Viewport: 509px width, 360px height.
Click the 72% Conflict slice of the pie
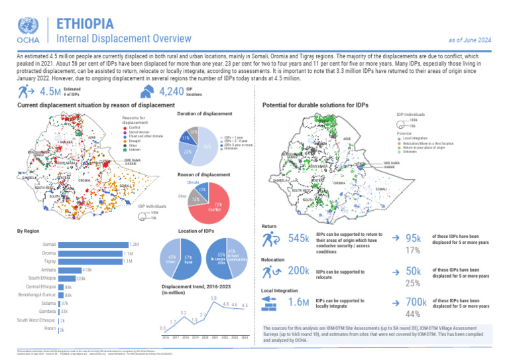[217, 208]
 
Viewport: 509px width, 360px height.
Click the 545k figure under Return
[299, 238]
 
